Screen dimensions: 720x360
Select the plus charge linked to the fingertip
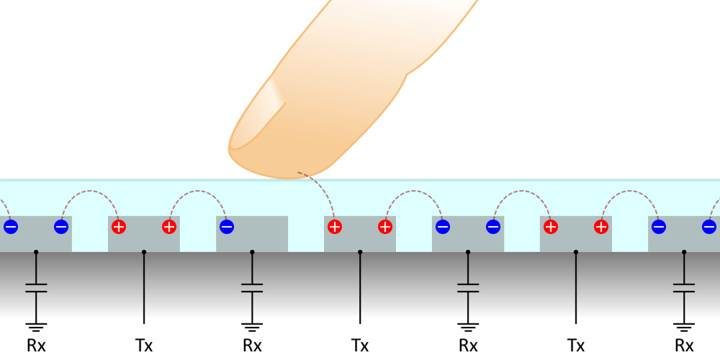(335, 227)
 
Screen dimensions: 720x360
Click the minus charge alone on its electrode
(227, 227)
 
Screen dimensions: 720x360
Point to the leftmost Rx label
(36, 346)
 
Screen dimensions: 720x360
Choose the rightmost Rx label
(684, 346)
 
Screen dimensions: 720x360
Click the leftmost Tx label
(144, 346)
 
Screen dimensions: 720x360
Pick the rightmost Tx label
(576, 346)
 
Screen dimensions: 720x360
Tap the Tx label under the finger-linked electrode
(360, 346)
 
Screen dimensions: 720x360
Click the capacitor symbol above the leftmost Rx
(36, 288)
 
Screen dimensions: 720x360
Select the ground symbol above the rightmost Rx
(684, 328)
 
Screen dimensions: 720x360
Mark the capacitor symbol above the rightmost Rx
(684, 288)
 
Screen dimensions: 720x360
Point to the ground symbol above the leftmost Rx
(36, 328)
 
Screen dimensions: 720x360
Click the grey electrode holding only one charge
(252, 234)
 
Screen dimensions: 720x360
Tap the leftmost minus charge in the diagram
(11, 227)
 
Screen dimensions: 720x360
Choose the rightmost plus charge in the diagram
(601, 227)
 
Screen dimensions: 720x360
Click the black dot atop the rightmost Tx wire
(576, 252)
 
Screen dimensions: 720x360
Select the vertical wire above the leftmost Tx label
(144, 288)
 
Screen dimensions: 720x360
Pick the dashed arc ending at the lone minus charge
(197, 191)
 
